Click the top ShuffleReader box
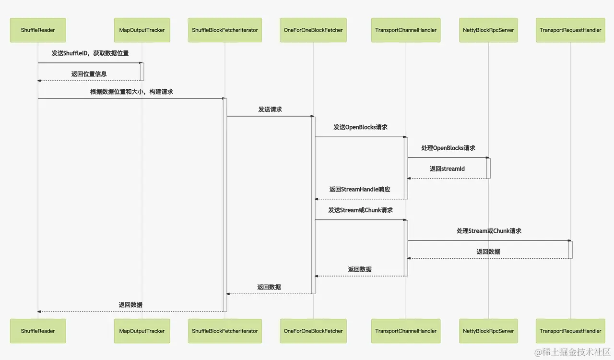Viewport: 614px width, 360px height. (38, 30)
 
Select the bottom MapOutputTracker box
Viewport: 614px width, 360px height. (142, 331)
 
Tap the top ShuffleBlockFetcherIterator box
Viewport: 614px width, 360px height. (225, 30)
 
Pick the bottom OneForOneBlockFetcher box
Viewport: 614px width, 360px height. (313, 331)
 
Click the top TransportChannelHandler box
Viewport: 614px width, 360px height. (406, 30)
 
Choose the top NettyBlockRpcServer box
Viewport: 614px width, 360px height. (488, 30)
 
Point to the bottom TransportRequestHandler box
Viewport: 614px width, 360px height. (570, 331)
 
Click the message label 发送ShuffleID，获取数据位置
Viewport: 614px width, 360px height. (90, 53)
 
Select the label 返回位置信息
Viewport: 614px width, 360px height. (89, 74)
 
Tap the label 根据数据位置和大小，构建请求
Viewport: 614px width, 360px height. (131, 92)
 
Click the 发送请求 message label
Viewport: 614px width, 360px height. (270, 109)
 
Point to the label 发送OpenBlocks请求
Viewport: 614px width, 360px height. (361, 128)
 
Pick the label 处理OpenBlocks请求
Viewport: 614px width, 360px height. (448, 148)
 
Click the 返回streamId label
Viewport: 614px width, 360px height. (447, 169)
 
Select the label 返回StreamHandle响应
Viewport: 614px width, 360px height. (360, 190)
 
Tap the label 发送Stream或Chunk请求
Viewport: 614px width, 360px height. (360, 210)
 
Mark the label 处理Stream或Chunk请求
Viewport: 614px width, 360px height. (489, 231)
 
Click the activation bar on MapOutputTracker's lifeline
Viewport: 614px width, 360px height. (142, 72)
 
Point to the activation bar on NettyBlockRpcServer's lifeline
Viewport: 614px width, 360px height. (488, 168)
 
